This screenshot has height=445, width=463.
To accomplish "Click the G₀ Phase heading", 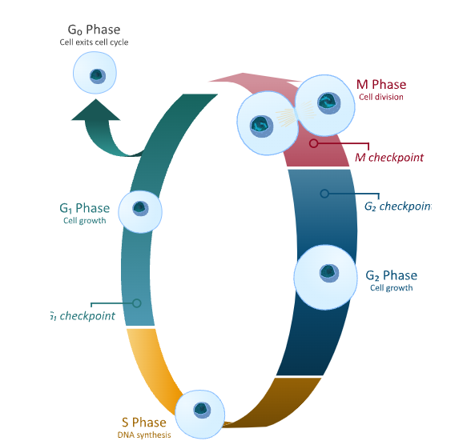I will click(94, 30).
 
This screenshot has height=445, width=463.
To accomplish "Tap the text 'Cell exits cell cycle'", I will click(94, 42).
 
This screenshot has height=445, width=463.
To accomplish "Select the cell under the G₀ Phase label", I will click(96, 75).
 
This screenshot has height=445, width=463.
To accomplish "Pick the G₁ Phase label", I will click(84, 209).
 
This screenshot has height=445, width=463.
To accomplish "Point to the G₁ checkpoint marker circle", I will click(137, 303).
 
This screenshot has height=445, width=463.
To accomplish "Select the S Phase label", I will click(144, 423).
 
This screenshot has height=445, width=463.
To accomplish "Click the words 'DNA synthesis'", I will click(144, 435).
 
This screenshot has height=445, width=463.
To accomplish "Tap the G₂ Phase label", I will click(391, 276).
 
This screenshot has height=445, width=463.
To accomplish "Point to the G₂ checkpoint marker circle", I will click(324, 194).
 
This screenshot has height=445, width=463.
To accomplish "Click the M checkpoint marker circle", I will click(314, 143).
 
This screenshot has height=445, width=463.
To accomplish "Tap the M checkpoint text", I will click(389, 158).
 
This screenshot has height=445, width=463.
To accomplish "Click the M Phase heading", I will click(380, 85).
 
